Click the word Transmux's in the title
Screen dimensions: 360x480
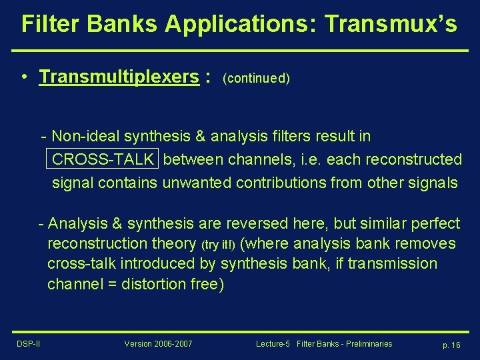point(391,24)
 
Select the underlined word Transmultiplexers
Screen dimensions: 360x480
point(119,77)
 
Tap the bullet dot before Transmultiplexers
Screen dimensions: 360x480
point(24,76)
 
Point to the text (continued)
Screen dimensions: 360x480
point(257,79)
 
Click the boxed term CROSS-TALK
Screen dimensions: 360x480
point(103,160)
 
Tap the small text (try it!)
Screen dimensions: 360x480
point(218,245)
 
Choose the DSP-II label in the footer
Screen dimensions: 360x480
point(29,344)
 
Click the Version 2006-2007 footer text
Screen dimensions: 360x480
point(158,344)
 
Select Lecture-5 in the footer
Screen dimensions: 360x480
point(273,344)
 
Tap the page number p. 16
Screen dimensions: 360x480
point(451,345)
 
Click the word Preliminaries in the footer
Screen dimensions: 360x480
point(364,344)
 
